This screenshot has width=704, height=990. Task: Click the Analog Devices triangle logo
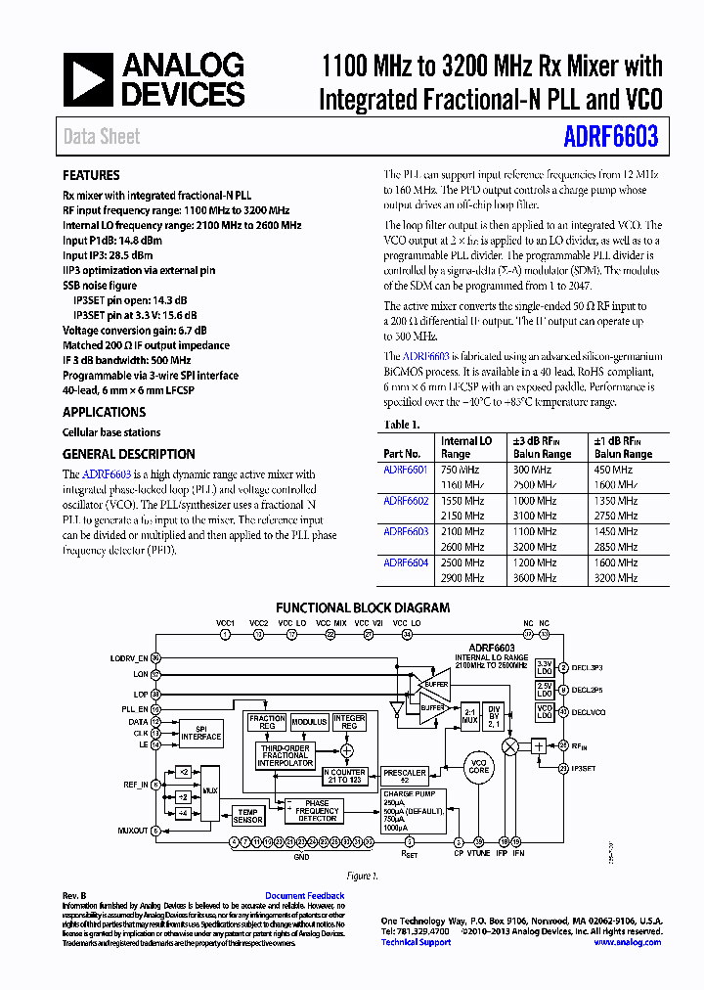click(89, 79)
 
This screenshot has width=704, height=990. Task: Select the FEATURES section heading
click(91, 176)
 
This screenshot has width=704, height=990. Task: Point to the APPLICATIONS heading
click(104, 413)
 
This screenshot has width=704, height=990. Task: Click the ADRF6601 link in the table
click(406, 470)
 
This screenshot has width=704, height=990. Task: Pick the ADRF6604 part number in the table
click(406, 562)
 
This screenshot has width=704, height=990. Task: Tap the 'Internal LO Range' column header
click(466, 447)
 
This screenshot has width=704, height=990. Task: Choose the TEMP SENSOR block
click(248, 816)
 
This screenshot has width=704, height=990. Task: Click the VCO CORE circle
click(479, 768)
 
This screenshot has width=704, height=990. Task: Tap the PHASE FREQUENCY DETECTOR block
click(319, 811)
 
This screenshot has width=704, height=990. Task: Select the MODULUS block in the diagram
click(309, 722)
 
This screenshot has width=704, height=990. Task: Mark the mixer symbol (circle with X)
click(509, 745)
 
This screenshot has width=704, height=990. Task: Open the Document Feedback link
click(305, 896)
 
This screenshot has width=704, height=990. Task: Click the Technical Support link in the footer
click(416, 942)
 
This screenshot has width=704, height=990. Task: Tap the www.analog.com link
click(627, 942)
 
